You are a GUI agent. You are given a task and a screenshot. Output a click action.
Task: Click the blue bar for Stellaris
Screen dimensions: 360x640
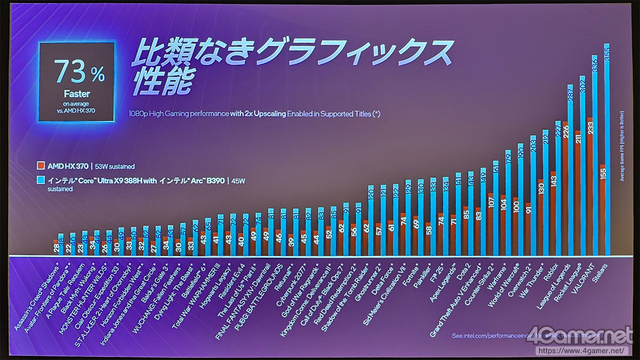(x=607, y=150)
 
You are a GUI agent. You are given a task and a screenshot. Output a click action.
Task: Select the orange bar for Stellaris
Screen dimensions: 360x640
(x=602, y=210)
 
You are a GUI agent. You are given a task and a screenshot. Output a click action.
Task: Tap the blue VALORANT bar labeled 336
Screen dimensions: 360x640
(x=594, y=155)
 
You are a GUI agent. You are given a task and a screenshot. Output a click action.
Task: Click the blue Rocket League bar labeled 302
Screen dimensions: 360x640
(x=582, y=165)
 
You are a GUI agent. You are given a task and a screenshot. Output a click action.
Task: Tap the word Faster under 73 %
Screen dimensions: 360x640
(x=77, y=93)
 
